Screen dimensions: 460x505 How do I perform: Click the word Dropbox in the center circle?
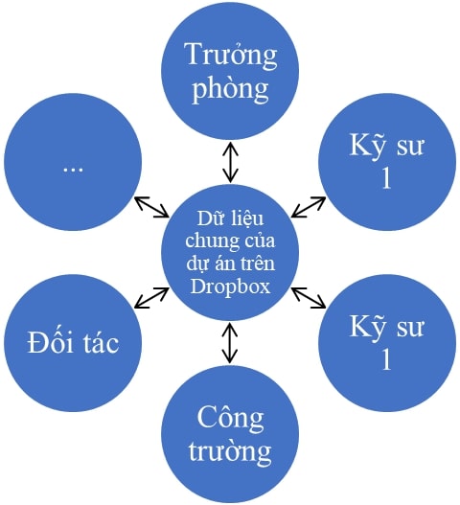pyautogui.click(x=230, y=287)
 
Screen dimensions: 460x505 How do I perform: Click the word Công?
pyautogui.click(x=230, y=419)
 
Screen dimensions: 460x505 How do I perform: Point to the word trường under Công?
pyautogui.click(x=230, y=450)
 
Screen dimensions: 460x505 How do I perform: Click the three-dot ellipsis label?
pyautogui.click(x=73, y=169)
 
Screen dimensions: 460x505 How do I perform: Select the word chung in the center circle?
pyautogui.click(x=208, y=241)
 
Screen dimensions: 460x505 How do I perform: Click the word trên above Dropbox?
pyautogui.click(x=258, y=263)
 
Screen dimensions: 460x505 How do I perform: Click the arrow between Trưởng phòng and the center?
pyautogui.click(x=230, y=163)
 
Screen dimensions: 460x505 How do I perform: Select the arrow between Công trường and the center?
pyautogui.click(x=230, y=343)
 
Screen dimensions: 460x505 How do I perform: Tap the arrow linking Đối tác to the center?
pyautogui.click(x=151, y=298)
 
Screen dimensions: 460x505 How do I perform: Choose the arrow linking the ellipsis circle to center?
pyautogui.click(x=151, y=207)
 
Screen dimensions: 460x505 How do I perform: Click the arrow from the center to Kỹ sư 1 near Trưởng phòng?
pyautogui.click(x=309, y=207)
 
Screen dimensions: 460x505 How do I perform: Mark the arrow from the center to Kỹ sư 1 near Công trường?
pyautogui.click(x=309, y=298)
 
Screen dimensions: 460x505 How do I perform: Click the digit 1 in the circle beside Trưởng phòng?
pyautogui.click(x=386, y=178)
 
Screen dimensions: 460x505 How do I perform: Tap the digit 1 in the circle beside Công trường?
pyautogui.click(x=386, y=359)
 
